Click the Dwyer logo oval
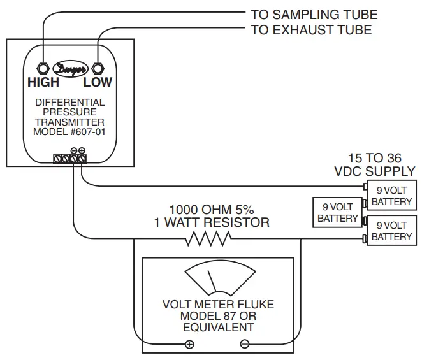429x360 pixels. click(x=70, y=69)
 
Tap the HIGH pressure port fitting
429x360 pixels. click(x=43, y=68)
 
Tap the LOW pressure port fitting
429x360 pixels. click(x=98, y=68)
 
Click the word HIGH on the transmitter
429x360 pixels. click(x=43, y=82)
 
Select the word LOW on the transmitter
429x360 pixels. click(x=98, y=82)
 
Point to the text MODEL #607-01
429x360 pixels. click(x=69, y=132)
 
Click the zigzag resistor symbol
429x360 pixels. click(x=208, y=238)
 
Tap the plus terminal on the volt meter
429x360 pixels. click(x=189, y=344)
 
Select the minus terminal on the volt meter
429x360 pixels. click(x=245, y=344)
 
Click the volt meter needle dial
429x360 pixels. click(x=221, y=278)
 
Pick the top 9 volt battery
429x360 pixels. click(x=391, y=196)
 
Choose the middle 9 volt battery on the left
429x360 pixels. click(x=338, y=213)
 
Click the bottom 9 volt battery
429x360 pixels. click(x=391, y=230)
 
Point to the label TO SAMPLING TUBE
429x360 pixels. click(x=314, y=15)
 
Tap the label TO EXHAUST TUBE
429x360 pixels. click(x=311, y=30)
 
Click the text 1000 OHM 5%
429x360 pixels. click(x=212, y=210)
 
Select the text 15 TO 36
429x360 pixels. click(x=375, y=158)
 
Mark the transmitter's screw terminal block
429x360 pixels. click(x=69, y=159)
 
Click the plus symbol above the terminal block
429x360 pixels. click(x=82, y=150)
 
